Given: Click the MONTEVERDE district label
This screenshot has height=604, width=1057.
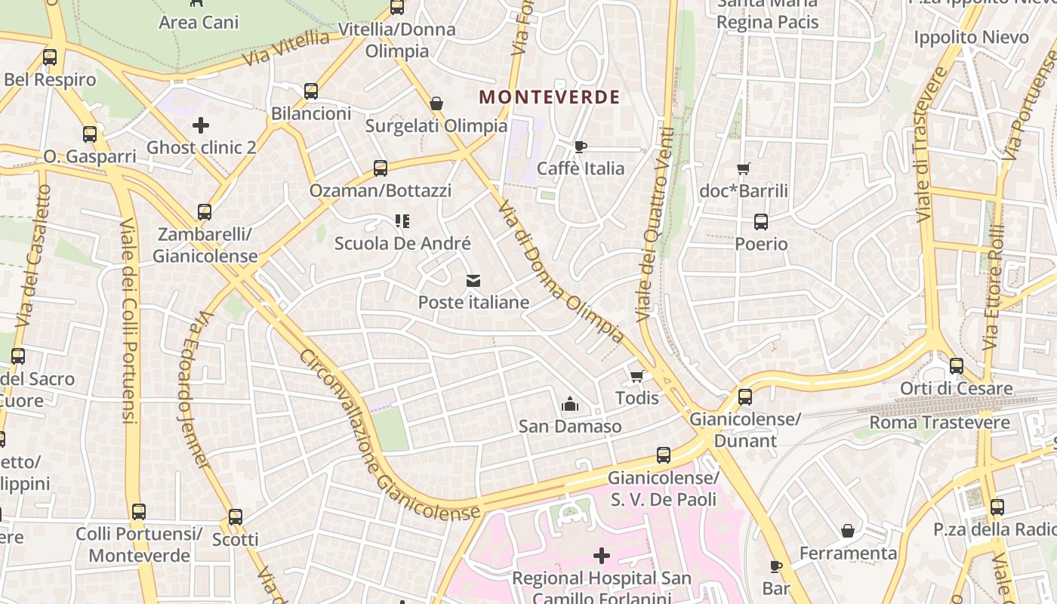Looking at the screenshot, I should (x=549, y=97).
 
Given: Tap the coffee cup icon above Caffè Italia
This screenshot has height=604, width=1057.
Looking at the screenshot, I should (x=580, y=146).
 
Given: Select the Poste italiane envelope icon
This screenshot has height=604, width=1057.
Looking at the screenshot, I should (x=473, y=281).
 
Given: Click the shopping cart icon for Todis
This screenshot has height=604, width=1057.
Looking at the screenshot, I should (x=636, y=376).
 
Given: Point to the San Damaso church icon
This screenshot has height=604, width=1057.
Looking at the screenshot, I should (x=569, y=405).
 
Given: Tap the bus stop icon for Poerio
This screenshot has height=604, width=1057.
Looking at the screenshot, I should (x=760, y=222).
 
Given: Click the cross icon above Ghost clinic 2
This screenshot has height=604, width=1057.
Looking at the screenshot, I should (x=201, y=125).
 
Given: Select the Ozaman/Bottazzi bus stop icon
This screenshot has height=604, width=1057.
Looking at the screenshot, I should (x=381, y=168).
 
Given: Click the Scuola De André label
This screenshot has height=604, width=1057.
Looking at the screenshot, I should (x=402, y=243).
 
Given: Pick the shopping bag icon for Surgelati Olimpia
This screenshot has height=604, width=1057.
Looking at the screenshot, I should (x=436, y=103).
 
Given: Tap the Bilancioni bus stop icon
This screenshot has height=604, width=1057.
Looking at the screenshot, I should (x=311, y=91).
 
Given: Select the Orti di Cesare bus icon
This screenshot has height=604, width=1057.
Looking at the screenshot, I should (x=956, y=366).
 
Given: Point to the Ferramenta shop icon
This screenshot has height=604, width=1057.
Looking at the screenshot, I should (x=848, y=531).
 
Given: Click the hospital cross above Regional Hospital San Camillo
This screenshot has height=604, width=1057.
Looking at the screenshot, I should (x=601, y=556).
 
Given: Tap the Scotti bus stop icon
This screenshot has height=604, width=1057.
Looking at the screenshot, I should (x=236, y=517).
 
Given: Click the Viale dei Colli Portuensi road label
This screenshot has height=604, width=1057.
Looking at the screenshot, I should (x=129, y=321).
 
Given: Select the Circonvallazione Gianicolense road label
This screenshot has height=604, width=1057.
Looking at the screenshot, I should (x=389, y=438).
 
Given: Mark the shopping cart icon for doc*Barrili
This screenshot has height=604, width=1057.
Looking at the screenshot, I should (x=744, y=168).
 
